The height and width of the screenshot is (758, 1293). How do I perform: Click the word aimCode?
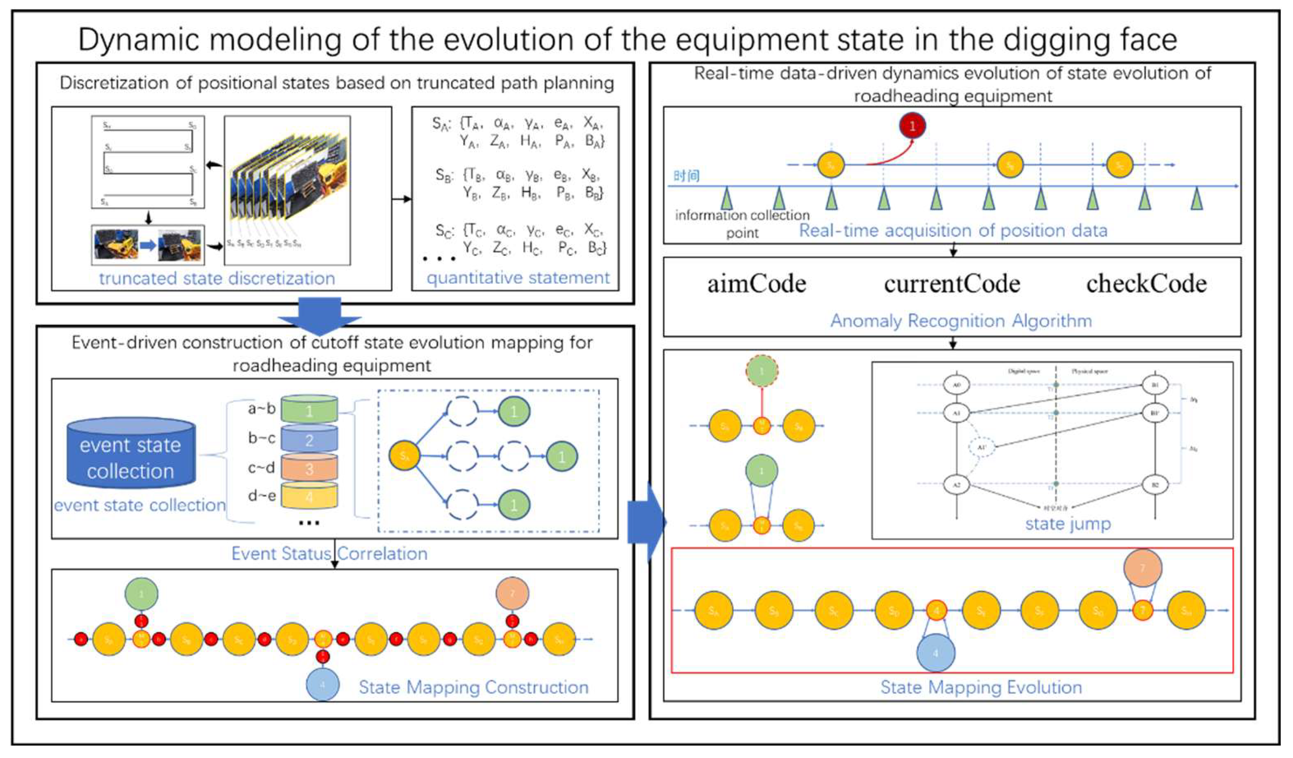tap(756, 284)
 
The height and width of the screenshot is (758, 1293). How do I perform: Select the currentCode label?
tap(952, 284)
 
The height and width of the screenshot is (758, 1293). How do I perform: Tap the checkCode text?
tap(1146, 284)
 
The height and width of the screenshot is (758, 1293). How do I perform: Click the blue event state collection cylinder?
tap(131, 452)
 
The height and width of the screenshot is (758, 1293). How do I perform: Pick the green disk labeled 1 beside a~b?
tap(309, 410)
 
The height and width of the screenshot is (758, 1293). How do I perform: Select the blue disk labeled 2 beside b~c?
tap(309, 439)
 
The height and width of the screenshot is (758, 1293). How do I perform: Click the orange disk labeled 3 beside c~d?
tap(309, 468)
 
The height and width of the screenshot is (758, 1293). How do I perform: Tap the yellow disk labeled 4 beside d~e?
tap(309, 496)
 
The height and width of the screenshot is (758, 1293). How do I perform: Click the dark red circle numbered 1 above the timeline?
tap(912, 126)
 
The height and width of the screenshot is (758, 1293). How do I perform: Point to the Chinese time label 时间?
tap(686, 176)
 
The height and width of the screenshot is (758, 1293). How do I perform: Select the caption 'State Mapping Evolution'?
tap(981, 687)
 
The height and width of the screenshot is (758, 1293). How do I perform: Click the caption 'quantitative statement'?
tap(518, 278)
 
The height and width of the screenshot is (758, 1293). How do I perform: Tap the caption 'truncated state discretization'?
tap(217, 278)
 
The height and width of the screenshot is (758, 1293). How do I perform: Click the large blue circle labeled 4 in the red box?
tap(936, 653)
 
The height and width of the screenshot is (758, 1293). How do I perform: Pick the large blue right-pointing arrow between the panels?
tap(647, 522)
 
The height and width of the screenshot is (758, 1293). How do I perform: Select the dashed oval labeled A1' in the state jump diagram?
tap(981, 448)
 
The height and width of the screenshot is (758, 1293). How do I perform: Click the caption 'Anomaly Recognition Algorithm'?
tap(961, 321)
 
